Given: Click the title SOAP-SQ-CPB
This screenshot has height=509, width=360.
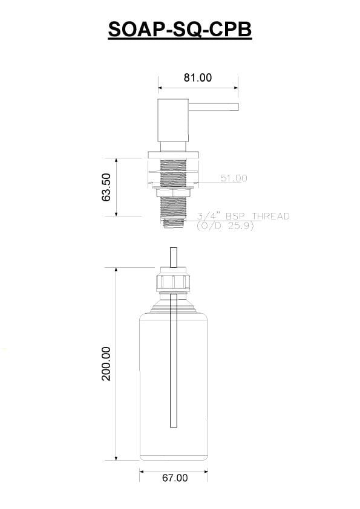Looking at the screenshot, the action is [x=180, y=30].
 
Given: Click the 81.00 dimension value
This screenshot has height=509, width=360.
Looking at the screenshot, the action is [x=197, y=77].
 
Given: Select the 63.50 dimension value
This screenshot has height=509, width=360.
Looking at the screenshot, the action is [x=106, y=187].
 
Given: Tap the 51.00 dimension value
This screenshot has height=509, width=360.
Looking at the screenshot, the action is [x=234, y=178].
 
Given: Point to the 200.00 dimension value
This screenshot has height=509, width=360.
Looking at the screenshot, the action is [x=106, y=363].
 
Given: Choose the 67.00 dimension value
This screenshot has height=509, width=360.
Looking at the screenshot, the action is [x=175, y=478].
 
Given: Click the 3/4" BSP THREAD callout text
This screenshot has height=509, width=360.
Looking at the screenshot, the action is [x=243, y=216].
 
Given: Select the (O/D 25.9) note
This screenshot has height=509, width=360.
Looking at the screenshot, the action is [x=225, y=225].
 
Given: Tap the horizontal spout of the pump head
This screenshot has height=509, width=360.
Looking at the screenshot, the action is [x=214, y=107].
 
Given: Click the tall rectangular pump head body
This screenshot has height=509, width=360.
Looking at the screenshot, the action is [x=173, y=120].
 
